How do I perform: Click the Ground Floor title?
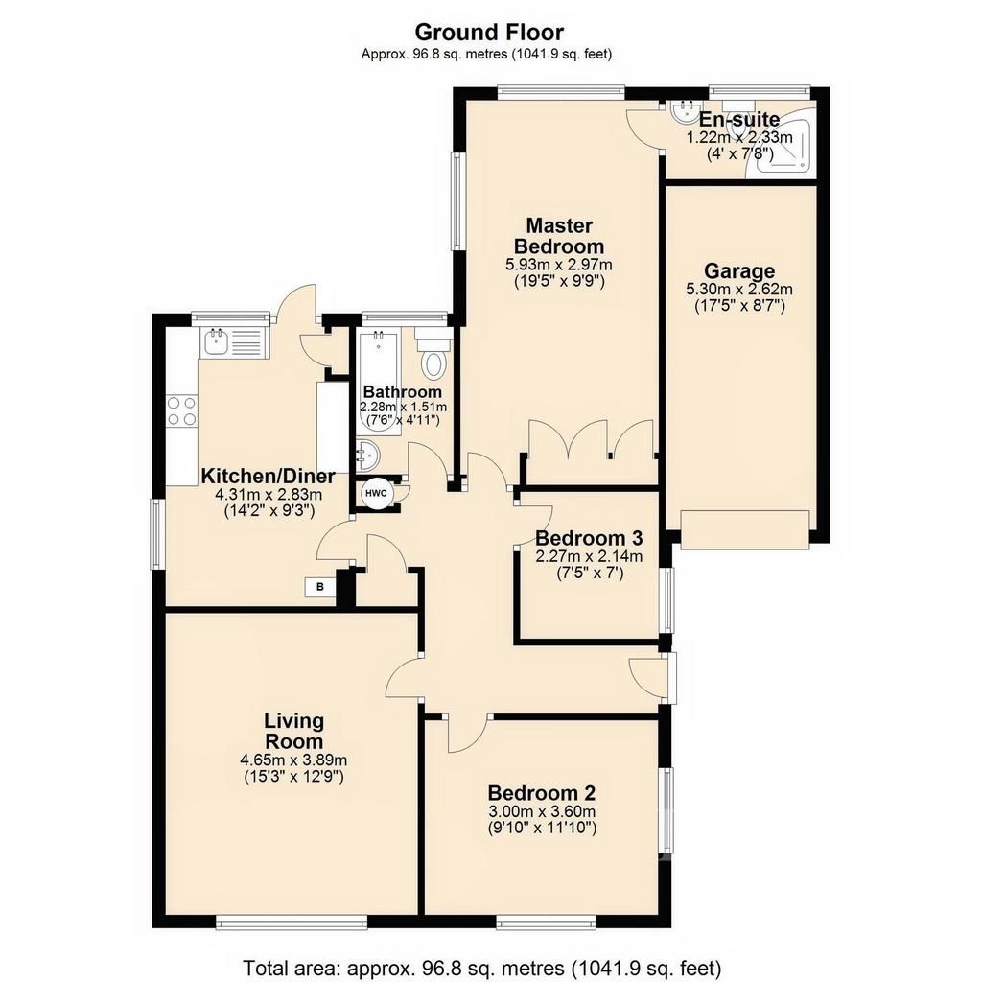489,32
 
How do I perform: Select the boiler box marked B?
320,587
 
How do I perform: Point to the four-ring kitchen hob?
181,411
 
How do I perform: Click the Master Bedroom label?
559,236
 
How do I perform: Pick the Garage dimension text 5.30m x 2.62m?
739,290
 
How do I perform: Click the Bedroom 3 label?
589,538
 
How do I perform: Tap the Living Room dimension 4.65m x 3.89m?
293,760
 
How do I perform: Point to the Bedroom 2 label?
542,793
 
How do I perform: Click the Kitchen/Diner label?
269,477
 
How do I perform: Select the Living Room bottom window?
292,922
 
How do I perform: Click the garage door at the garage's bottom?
745,529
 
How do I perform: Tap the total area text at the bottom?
481,968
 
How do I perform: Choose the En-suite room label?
739,119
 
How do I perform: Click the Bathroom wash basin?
367,456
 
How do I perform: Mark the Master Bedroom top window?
561,91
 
